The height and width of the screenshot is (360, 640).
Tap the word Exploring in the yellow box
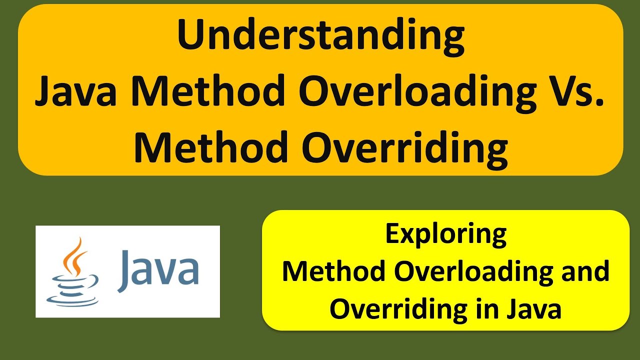pos(445,235)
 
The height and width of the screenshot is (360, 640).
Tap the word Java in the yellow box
pos(533,310)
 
